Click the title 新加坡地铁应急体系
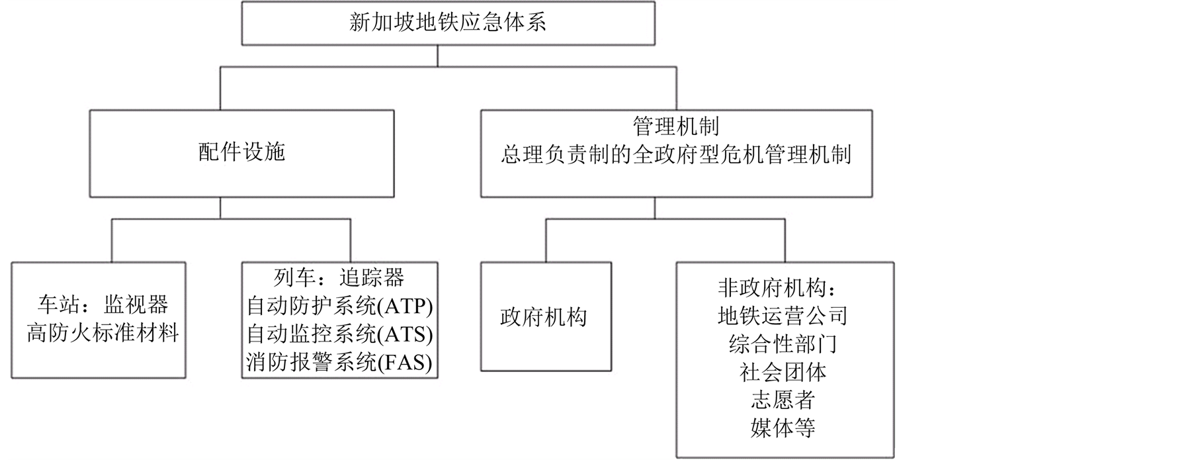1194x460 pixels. [448, 23]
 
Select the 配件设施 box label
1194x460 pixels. [241, 153]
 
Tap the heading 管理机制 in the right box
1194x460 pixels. [675, 126]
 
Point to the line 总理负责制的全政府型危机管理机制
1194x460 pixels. [675, 155]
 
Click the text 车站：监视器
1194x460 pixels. [103, 304]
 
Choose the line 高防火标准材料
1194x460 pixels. [103, 333]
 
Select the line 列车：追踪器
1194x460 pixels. [339, 278]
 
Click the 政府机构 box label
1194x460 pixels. [543, 318]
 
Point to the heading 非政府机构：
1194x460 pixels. [782, 289]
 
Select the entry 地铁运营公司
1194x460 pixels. [782, 316]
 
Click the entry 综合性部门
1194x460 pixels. [782, 344]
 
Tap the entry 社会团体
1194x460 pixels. [782, 373]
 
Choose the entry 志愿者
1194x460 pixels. [782, 400]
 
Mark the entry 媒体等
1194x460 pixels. [782, 428]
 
